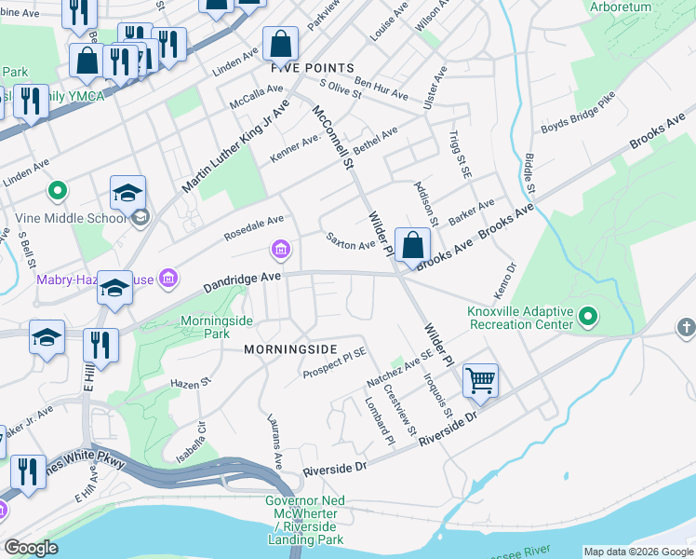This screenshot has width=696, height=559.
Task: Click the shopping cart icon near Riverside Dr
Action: coord(480,379)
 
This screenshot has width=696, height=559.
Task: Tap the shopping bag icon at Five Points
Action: coord(280,44)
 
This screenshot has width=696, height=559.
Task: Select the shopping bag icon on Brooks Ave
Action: coord(412,245)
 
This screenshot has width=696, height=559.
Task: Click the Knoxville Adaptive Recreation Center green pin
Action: coord(588,319)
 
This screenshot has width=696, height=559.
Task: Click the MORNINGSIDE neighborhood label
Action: coord(289,348)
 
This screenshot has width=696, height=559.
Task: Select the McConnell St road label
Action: coord(334,137)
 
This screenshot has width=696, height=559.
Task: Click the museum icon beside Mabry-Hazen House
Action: coord(168,278)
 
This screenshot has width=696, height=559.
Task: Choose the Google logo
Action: coord(31,548)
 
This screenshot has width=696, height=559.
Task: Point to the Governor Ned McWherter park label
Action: coord(305,520)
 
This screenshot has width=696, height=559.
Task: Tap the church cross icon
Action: coord(686,327)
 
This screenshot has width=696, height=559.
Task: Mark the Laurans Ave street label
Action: coord(274,442)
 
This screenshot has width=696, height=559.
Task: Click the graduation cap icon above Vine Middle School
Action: coord(127,193)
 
